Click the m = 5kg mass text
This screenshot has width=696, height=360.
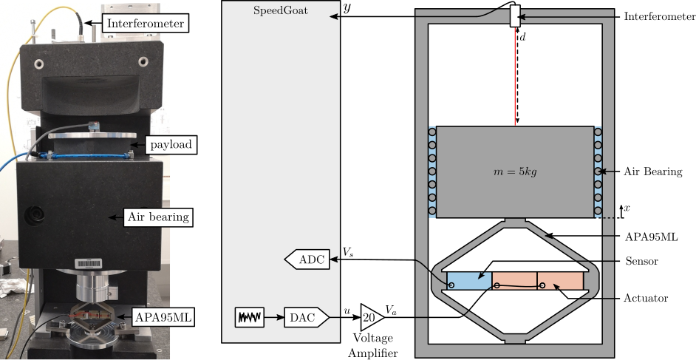tap(515, 172)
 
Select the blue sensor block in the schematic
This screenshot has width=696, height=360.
tap(468, 281)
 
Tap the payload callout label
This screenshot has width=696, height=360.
tap(171, 144)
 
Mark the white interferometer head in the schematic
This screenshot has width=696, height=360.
tap(515, 16)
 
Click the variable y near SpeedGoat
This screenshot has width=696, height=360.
tap(347, 8)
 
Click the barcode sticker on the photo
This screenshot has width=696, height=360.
tap(88, 261)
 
